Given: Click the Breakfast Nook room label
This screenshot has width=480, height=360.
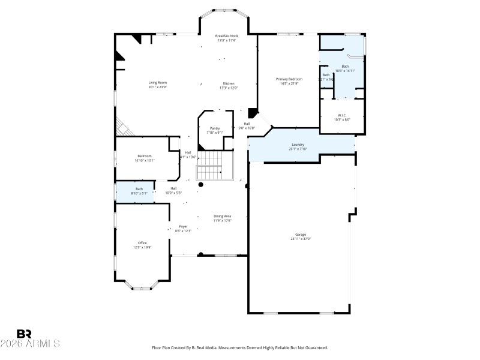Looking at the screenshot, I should (x=226, y=36).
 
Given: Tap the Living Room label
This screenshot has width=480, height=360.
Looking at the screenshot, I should (x=158, y=83).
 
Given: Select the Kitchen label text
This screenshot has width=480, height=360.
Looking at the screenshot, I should (x=229, y=83).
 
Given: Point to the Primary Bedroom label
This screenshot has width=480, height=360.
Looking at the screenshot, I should (x=289, y=79).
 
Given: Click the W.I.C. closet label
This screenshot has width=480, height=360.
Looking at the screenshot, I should (x=342, y=115).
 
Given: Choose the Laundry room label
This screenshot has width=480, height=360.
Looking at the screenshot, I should (x=298, y=144).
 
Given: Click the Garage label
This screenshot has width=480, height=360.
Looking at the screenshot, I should (x=301, y=235).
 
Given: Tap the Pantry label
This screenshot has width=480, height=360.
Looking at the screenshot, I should (x=215, y=128).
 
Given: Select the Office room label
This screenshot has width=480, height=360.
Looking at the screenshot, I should (x=142, y=243).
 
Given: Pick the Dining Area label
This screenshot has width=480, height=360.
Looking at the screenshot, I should (x=223, y=216).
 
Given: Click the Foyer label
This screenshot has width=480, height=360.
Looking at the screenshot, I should (x=183, y=227).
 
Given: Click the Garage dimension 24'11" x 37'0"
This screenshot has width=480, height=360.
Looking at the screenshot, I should (x=301, y=239).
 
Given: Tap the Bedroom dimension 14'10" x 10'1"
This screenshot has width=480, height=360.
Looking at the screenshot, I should (x=144, y=160).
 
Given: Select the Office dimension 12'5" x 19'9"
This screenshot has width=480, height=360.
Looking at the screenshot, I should (x=142, y=247).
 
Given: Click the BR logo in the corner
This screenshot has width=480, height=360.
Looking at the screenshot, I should (x=25, y=334).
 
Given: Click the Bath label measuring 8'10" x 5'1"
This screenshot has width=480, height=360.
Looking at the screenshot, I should (x=139, y=189).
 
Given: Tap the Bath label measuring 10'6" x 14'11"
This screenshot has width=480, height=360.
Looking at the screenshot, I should (x=345, y=67).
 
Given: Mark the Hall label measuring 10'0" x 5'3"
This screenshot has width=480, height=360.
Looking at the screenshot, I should (x=173, y=188).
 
